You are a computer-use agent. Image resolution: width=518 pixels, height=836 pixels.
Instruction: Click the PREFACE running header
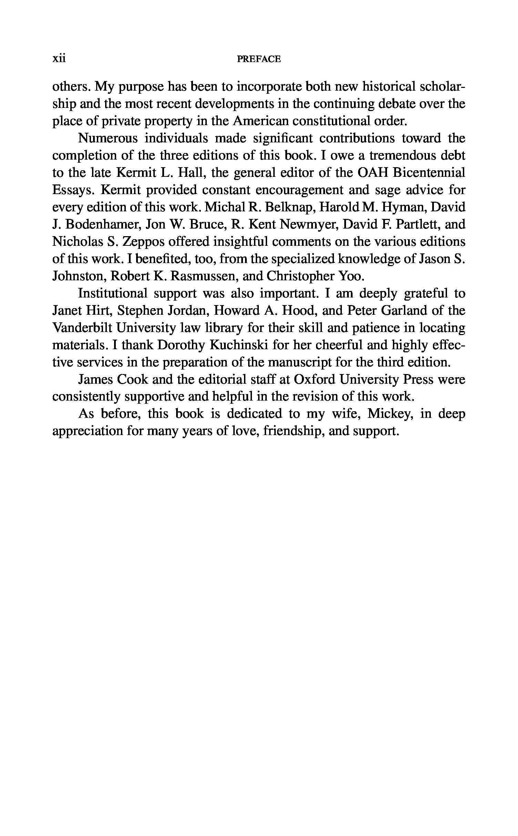[x=259, y=59]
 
